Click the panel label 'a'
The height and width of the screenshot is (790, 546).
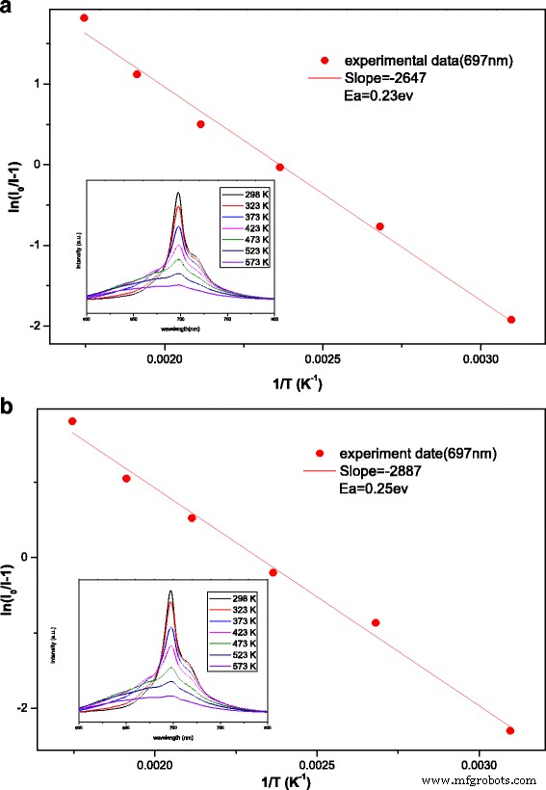8,10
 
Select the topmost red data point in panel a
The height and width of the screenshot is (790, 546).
84,18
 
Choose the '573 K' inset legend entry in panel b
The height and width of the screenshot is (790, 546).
243,666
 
